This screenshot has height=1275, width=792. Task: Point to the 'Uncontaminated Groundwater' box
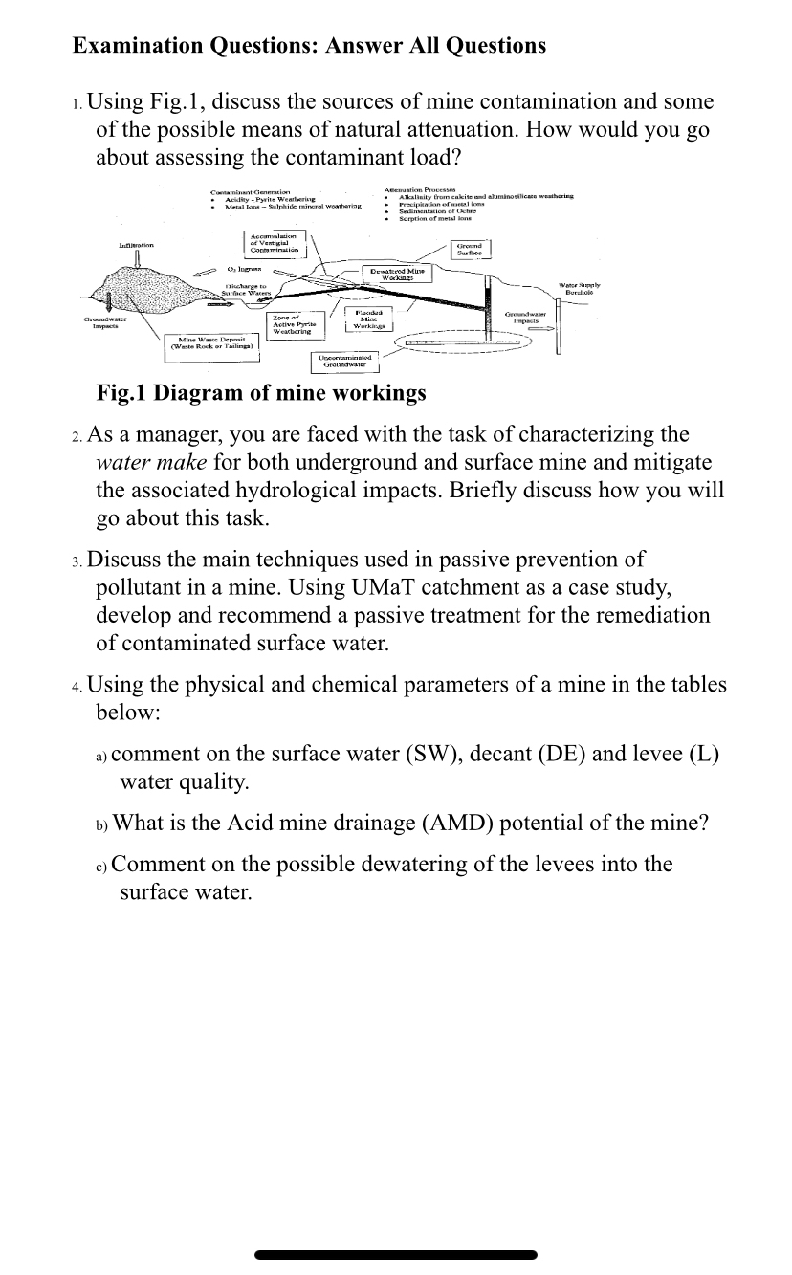coord(345,362)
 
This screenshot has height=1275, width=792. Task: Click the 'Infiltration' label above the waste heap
coord(136,247)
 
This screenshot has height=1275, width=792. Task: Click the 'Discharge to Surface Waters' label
coord(246,290)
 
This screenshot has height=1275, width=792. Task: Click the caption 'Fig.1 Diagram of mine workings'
coord(261,393)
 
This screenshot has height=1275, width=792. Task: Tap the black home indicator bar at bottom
coord(396,1254)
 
